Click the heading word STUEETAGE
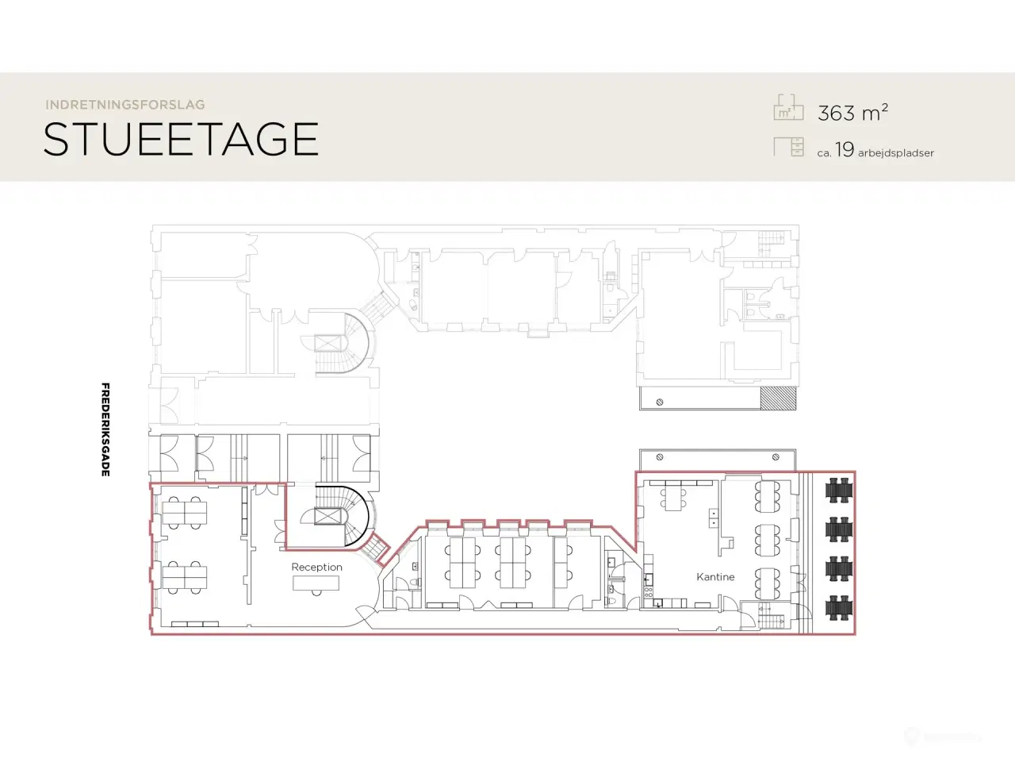(181, 139)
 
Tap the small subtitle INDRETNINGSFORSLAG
(125, 105)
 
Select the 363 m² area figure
(852, 113)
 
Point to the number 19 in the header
(845, 149)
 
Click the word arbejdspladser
(896, 152)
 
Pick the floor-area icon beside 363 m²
(788, 107)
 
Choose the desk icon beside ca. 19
(788, 147)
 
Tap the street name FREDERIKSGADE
(105, 429)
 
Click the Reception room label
(316, 568)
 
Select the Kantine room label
(715, 577)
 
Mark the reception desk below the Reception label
(316, 583)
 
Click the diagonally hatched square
(778, 398)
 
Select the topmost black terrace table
(838, 491)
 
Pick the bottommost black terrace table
(838, 607)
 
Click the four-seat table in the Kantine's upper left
(673, 498)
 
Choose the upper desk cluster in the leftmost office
(185, 513)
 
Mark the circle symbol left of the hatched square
(660, 402)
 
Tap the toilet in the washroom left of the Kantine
(611, 602)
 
